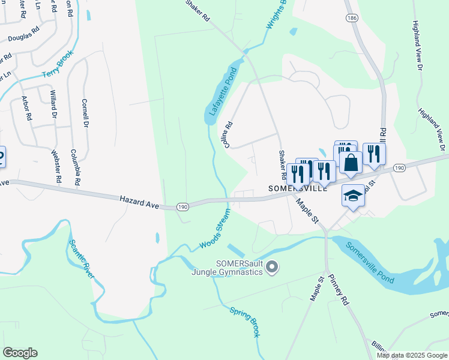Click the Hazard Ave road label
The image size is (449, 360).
[x=139, y=201]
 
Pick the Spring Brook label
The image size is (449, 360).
[x=245, y=322]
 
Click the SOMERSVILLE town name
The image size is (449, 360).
[x=297, y=188]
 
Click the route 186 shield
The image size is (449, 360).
[x=352, y=19]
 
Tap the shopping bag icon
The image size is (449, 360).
[x=351, y=161]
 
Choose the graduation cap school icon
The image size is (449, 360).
[x=353, y=195]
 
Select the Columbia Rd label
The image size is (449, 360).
[x=76, y=167]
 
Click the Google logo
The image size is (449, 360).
[x=20, y=352]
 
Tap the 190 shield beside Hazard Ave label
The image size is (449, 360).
[x=183, y=207]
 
